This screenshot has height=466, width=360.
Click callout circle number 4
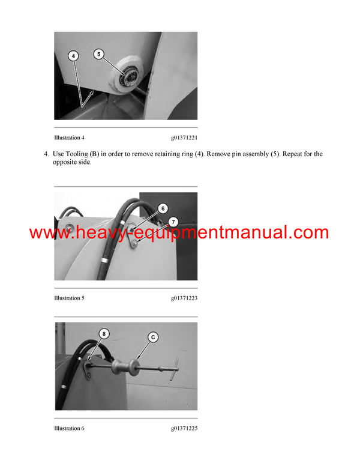pyautogui.click(x=73, y=56)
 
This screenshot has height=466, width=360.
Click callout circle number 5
pyautogui.click(x=100, y=53)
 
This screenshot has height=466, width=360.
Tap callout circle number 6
pyautogui.click(x=163, y=208)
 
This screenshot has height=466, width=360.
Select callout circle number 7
pyautogui.click(x=172, y=222)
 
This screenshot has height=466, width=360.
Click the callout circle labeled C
pyautogui.click(x=153, y=337)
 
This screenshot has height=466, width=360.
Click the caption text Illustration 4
pyautogui.click(x=69, y=138)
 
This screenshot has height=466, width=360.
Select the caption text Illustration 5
pyautogui.click(x=69, y=298)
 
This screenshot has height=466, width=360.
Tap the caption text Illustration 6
pyautogui.click(x=69, y=428)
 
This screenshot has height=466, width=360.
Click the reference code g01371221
pyautogui.click(x=184, y=138)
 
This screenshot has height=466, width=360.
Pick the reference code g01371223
pyautogui.click(x=184, y=298)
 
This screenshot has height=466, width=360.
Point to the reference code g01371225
pyautogui.click(x=184, y=428)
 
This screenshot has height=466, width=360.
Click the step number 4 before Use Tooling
pyautogui.click(x=46, y=154)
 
